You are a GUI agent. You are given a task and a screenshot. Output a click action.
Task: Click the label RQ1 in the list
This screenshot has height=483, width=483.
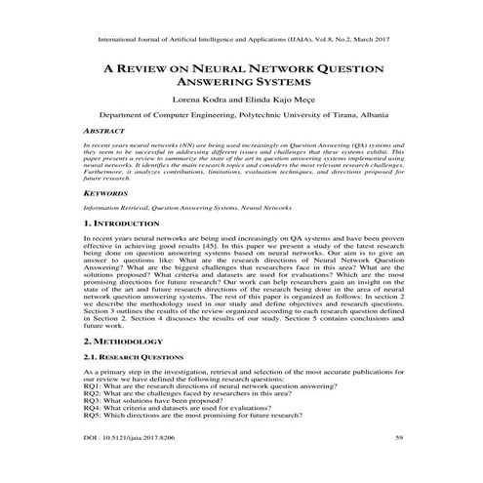pos(94,387)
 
